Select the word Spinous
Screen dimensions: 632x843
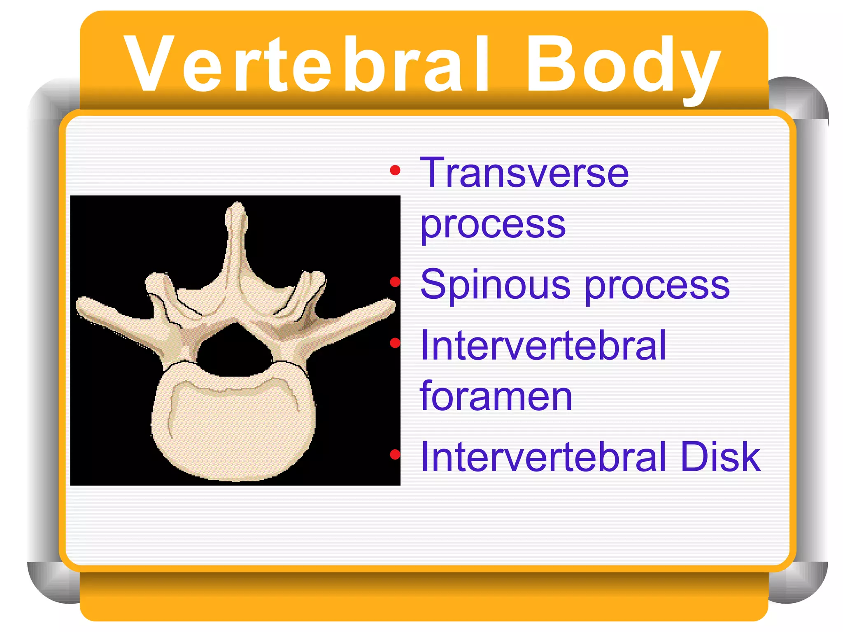[495, 285]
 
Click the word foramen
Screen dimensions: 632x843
[496, 396]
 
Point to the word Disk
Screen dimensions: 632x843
[720, 457]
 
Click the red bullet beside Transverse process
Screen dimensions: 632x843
[395, 170]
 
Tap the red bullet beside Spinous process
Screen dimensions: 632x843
[395, 282]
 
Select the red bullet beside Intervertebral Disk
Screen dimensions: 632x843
[395, 454]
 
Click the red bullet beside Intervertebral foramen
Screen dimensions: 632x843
[395, 343]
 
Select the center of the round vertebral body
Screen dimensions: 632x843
[234, 428]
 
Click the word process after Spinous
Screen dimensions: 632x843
[657, 286]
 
